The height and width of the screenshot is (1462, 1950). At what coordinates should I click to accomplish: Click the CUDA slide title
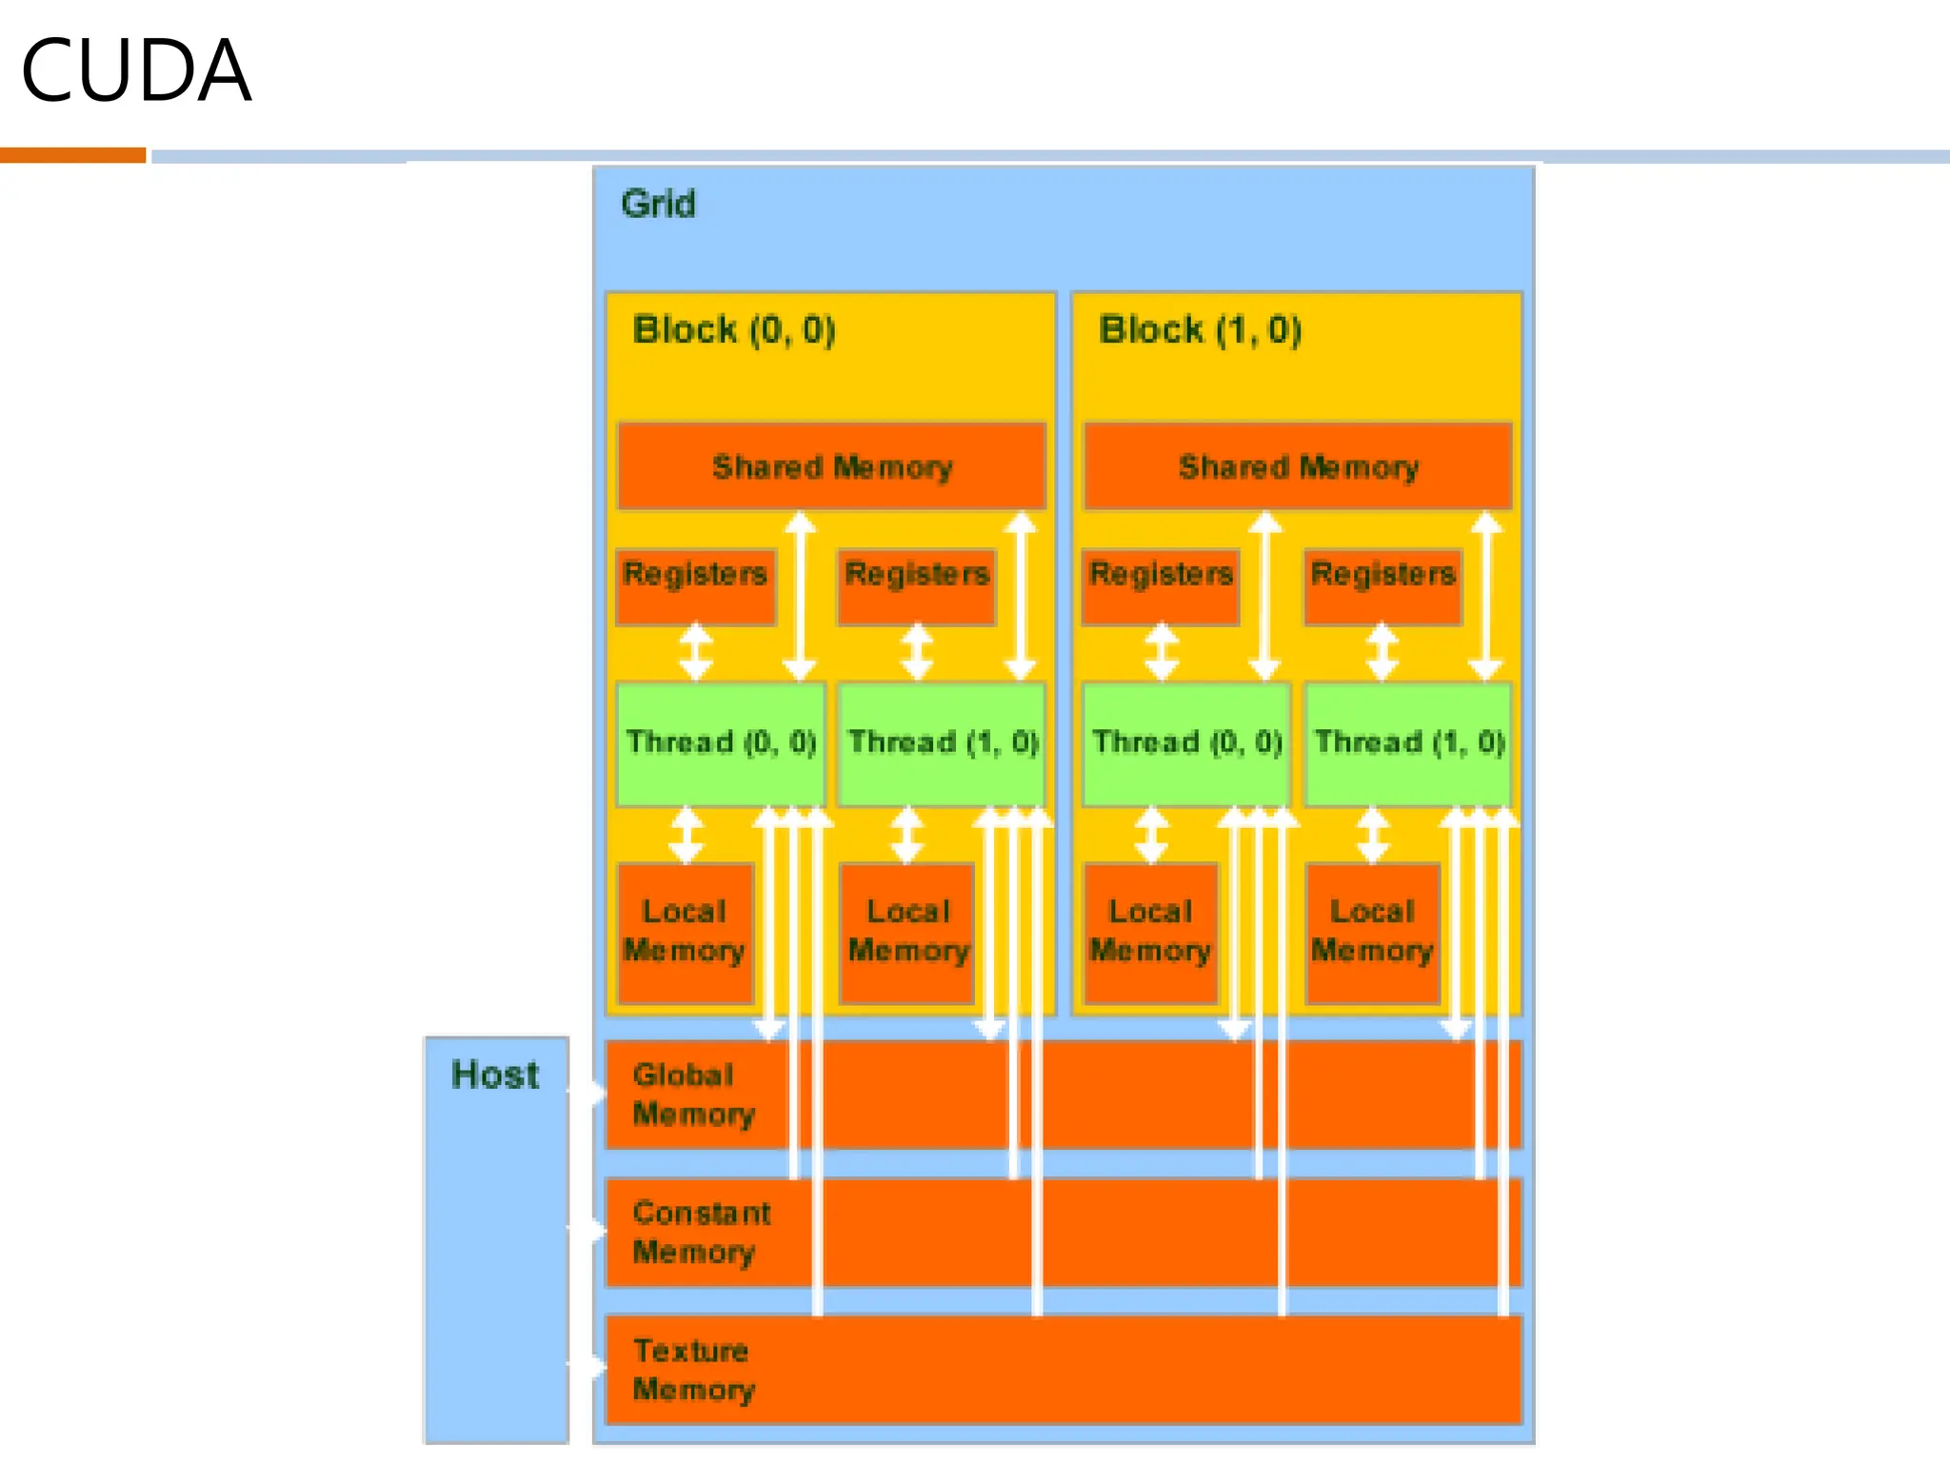pyautogui.click(x=136, y=70)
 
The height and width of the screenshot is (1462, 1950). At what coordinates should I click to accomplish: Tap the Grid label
pyautogui.click(x=658, y=204)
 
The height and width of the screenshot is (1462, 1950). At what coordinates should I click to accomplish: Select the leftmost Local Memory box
pyautogui.click(x=686, y=933)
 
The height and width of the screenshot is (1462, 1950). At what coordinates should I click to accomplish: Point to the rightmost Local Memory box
pyautogui.click(x=1372, y=933)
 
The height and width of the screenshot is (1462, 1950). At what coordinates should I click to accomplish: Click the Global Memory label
pyautogui.click(x=693, y=1095)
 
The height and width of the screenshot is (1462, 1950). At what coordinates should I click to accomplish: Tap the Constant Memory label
pyautogui.click(x=702, y=1233)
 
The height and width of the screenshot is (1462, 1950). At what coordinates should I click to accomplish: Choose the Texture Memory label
pyautogui.click(x=693, y=1371)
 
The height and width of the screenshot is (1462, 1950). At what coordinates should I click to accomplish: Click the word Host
pyautogui.click(x=495, y=1075)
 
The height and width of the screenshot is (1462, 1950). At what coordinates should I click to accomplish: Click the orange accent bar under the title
pyautogui.click(x=72, y=155)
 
